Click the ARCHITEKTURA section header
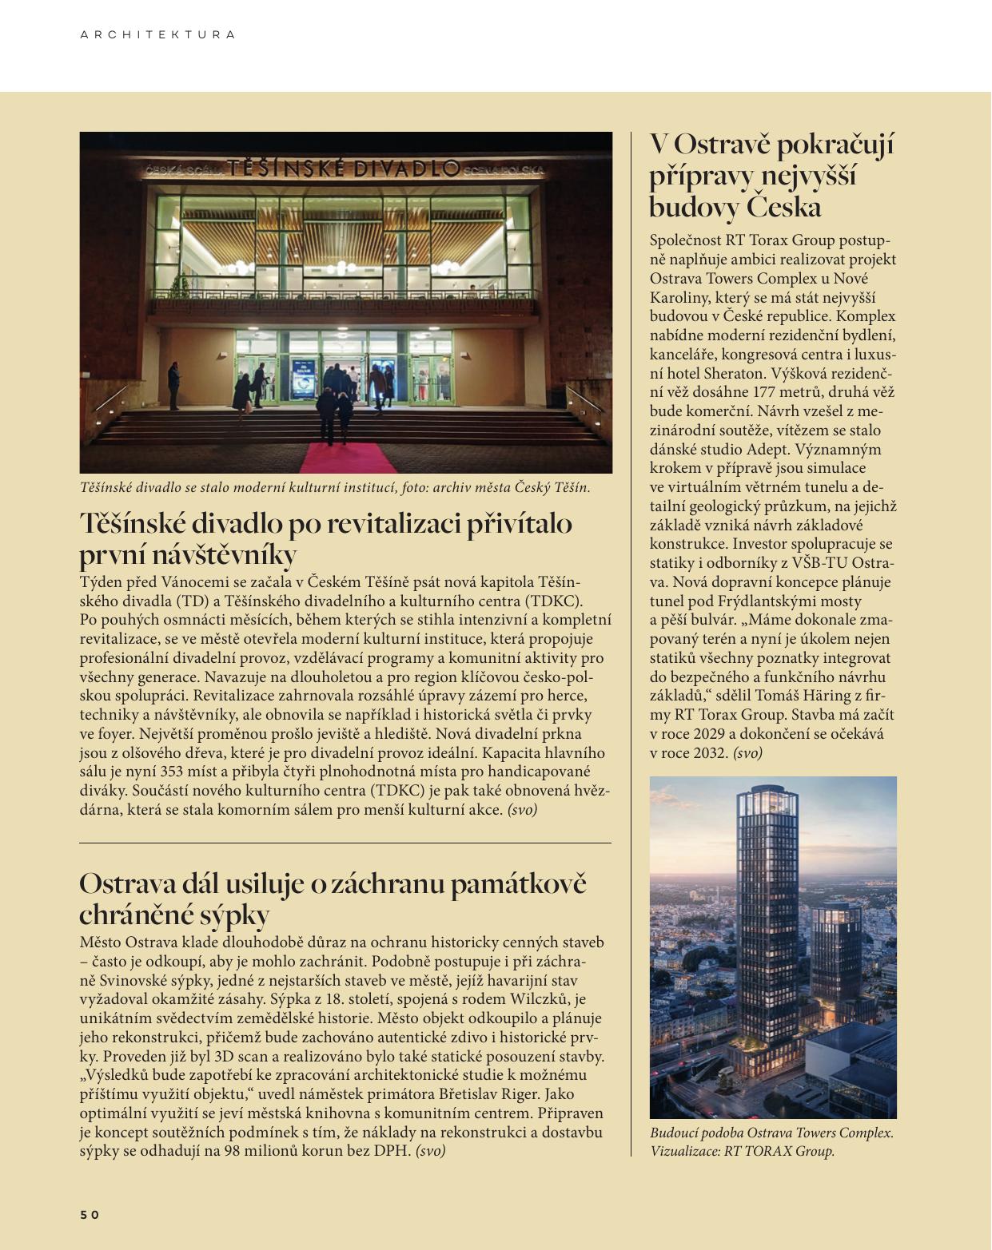157,35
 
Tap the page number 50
90,1215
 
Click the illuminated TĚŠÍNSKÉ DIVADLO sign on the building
344,169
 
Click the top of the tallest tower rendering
769,794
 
